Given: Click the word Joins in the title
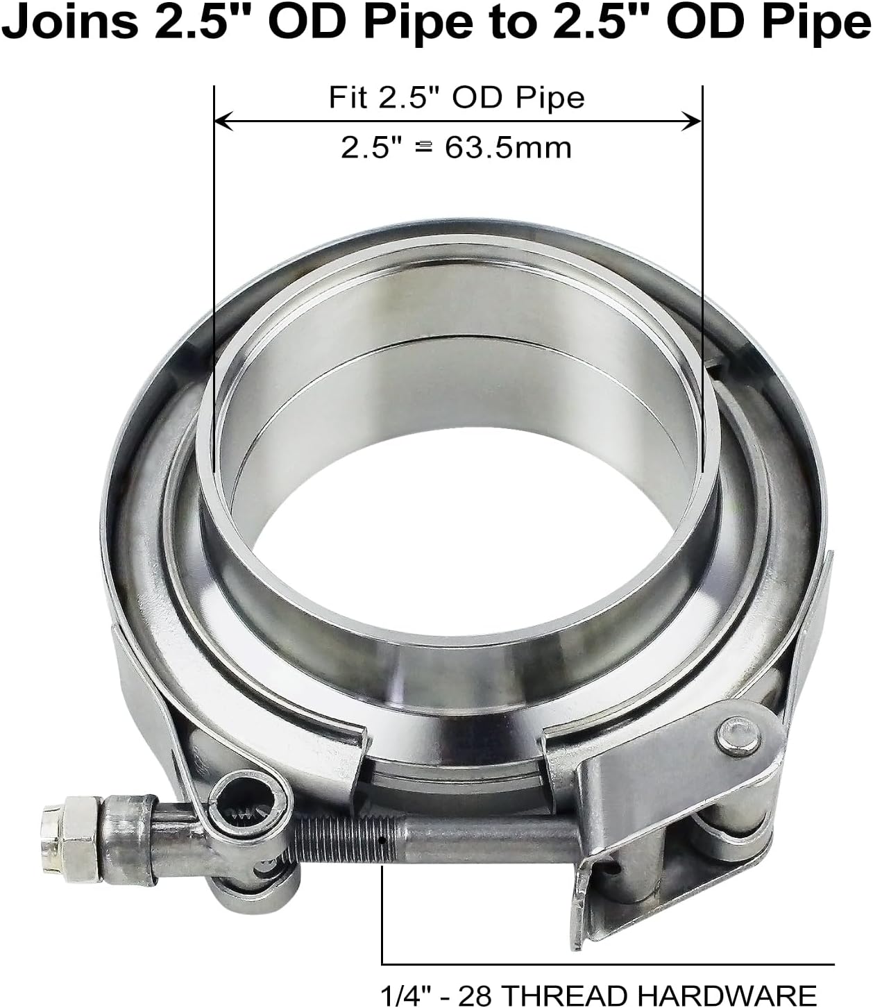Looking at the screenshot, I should click(69, 24).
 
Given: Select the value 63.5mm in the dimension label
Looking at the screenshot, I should click(508, 147).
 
